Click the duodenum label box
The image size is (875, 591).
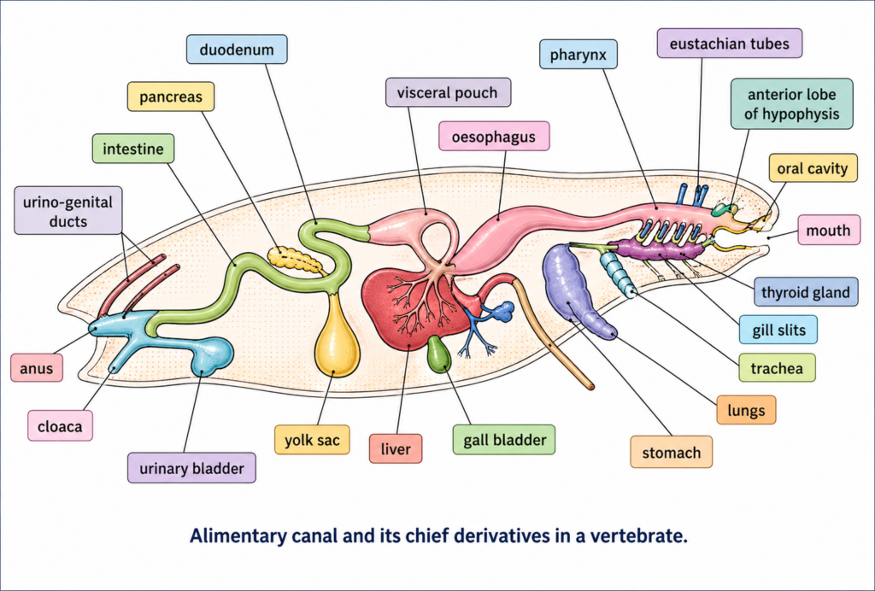click(x=237, y=49)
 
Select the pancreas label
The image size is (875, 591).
click(x=170, y=97)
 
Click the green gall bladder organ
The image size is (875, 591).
click(x=438, y=354)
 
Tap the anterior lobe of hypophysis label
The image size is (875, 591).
click(x=791, y=104)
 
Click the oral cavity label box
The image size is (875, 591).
click(x=813, y=168)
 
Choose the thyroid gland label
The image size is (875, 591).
click(x=805, y=293)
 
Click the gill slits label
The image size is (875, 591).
click(x=778, y=330)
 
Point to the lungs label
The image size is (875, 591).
click(x=746, y=410)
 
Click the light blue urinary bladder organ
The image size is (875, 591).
click(x=209, y=354)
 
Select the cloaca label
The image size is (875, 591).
click(x=60, y=425)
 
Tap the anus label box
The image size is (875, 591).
click(x=38, y=368)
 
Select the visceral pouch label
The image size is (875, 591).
click(x=448, y=92)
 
